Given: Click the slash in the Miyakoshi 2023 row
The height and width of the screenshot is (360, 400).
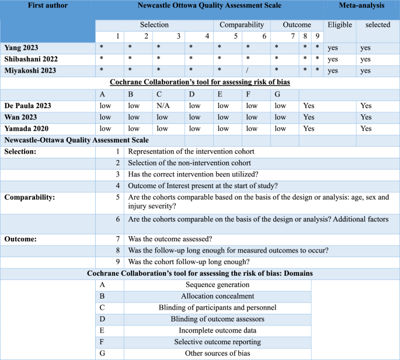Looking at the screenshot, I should (248, 71).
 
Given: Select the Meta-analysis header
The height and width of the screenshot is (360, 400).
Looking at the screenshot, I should (362, 5).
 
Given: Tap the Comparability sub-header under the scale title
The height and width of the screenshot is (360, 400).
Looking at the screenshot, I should (242, 25).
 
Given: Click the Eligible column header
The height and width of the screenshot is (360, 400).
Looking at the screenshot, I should (340, 25).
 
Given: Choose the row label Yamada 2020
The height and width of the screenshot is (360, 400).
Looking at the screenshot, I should (26, 129).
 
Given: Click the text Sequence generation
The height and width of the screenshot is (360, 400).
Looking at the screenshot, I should (217, 285).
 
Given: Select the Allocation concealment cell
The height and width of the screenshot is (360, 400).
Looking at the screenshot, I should (217, 296).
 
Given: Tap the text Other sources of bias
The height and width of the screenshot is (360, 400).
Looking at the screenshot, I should (217, 354).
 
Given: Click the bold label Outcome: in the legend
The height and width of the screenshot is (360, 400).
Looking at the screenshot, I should (21, 239).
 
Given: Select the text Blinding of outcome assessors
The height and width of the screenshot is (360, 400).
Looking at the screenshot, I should (217, 319).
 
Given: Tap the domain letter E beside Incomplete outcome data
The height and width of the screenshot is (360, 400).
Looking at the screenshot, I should (103, 331).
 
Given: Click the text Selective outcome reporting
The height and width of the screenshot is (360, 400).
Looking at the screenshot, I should (217, 342).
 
